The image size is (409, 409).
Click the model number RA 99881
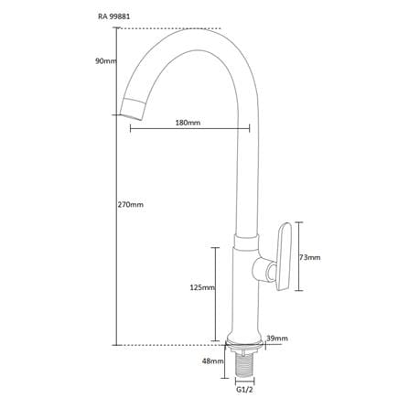click(114, 16)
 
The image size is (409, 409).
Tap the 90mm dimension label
click(106, 61)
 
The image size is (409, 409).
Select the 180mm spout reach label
click(188, 123)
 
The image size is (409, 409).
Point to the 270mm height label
click(131, 204)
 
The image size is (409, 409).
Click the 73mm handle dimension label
click(310, 258)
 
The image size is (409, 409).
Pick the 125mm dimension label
click(202, 287)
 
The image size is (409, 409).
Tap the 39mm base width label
click(277, 339)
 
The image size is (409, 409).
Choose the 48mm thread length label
click(213, 361)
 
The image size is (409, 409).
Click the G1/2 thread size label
click(244, 390)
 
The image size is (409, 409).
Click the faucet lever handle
click(284, 257)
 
